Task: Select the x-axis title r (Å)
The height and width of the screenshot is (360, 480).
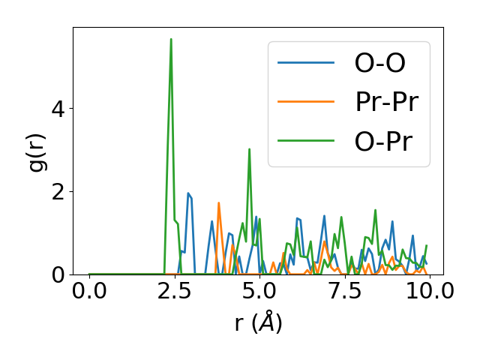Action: coord(259,322)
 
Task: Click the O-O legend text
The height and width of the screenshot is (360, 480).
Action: coord(379,64)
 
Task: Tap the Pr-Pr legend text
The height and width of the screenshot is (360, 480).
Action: coord(386,103)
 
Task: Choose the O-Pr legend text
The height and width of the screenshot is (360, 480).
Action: coord(383,142)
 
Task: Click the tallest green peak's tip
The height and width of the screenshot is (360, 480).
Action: coord(171,39)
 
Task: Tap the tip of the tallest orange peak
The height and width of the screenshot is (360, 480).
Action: coord(219,203)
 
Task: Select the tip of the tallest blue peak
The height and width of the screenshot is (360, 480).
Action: coord(188,193)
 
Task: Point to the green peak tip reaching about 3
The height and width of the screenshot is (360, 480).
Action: coord(249,149)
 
